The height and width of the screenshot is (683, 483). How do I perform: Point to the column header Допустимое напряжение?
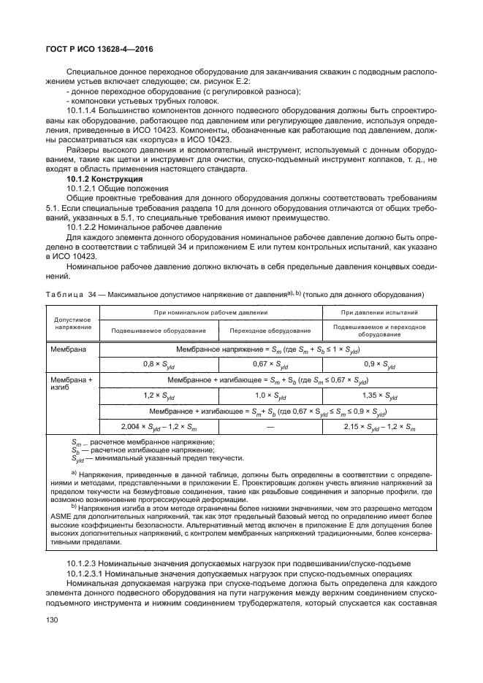[x=72, y=323]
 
